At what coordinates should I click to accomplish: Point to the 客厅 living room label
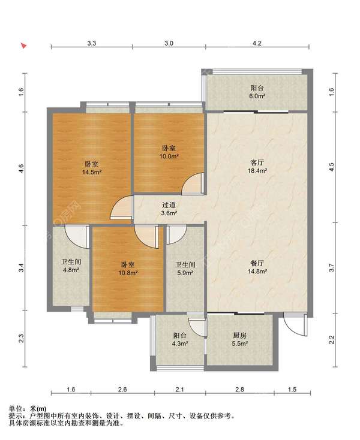(257, 163)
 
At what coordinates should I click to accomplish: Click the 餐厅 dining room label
(257, 263)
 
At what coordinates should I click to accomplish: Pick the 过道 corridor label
(169, 205)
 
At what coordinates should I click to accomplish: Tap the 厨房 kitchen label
(239, 335)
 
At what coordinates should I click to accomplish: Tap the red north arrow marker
(23, 46)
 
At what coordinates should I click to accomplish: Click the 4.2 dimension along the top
(257, 43)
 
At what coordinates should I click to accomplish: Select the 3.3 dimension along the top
(92, 43)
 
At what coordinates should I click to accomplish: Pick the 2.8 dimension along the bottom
(240, 389)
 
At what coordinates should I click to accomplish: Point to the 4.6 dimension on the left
(22, 168)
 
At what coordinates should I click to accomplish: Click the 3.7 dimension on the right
(332, 268)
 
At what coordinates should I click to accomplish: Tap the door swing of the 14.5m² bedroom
(122, 207)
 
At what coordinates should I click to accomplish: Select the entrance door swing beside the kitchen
(295, 324)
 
